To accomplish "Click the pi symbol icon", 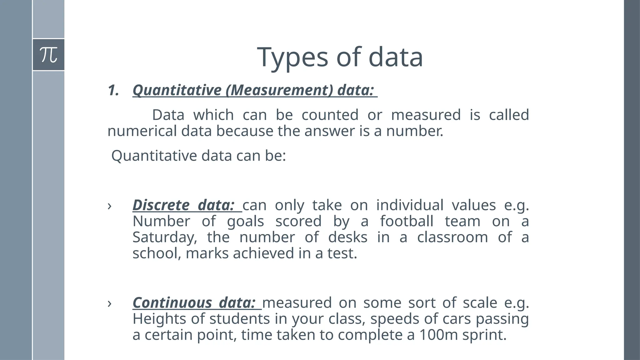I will (49, 55).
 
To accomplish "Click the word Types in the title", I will (292, 57).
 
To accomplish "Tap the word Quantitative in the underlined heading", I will (177, 90).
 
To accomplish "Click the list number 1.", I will (113, 90).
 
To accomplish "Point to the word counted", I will (330, 115).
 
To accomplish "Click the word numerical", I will (142, 131).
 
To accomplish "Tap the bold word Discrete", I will (161, 205).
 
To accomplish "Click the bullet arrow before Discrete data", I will (109, 206).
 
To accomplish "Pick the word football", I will (407, 221).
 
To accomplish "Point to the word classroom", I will (452, 237).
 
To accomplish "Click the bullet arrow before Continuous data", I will (109, 303).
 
